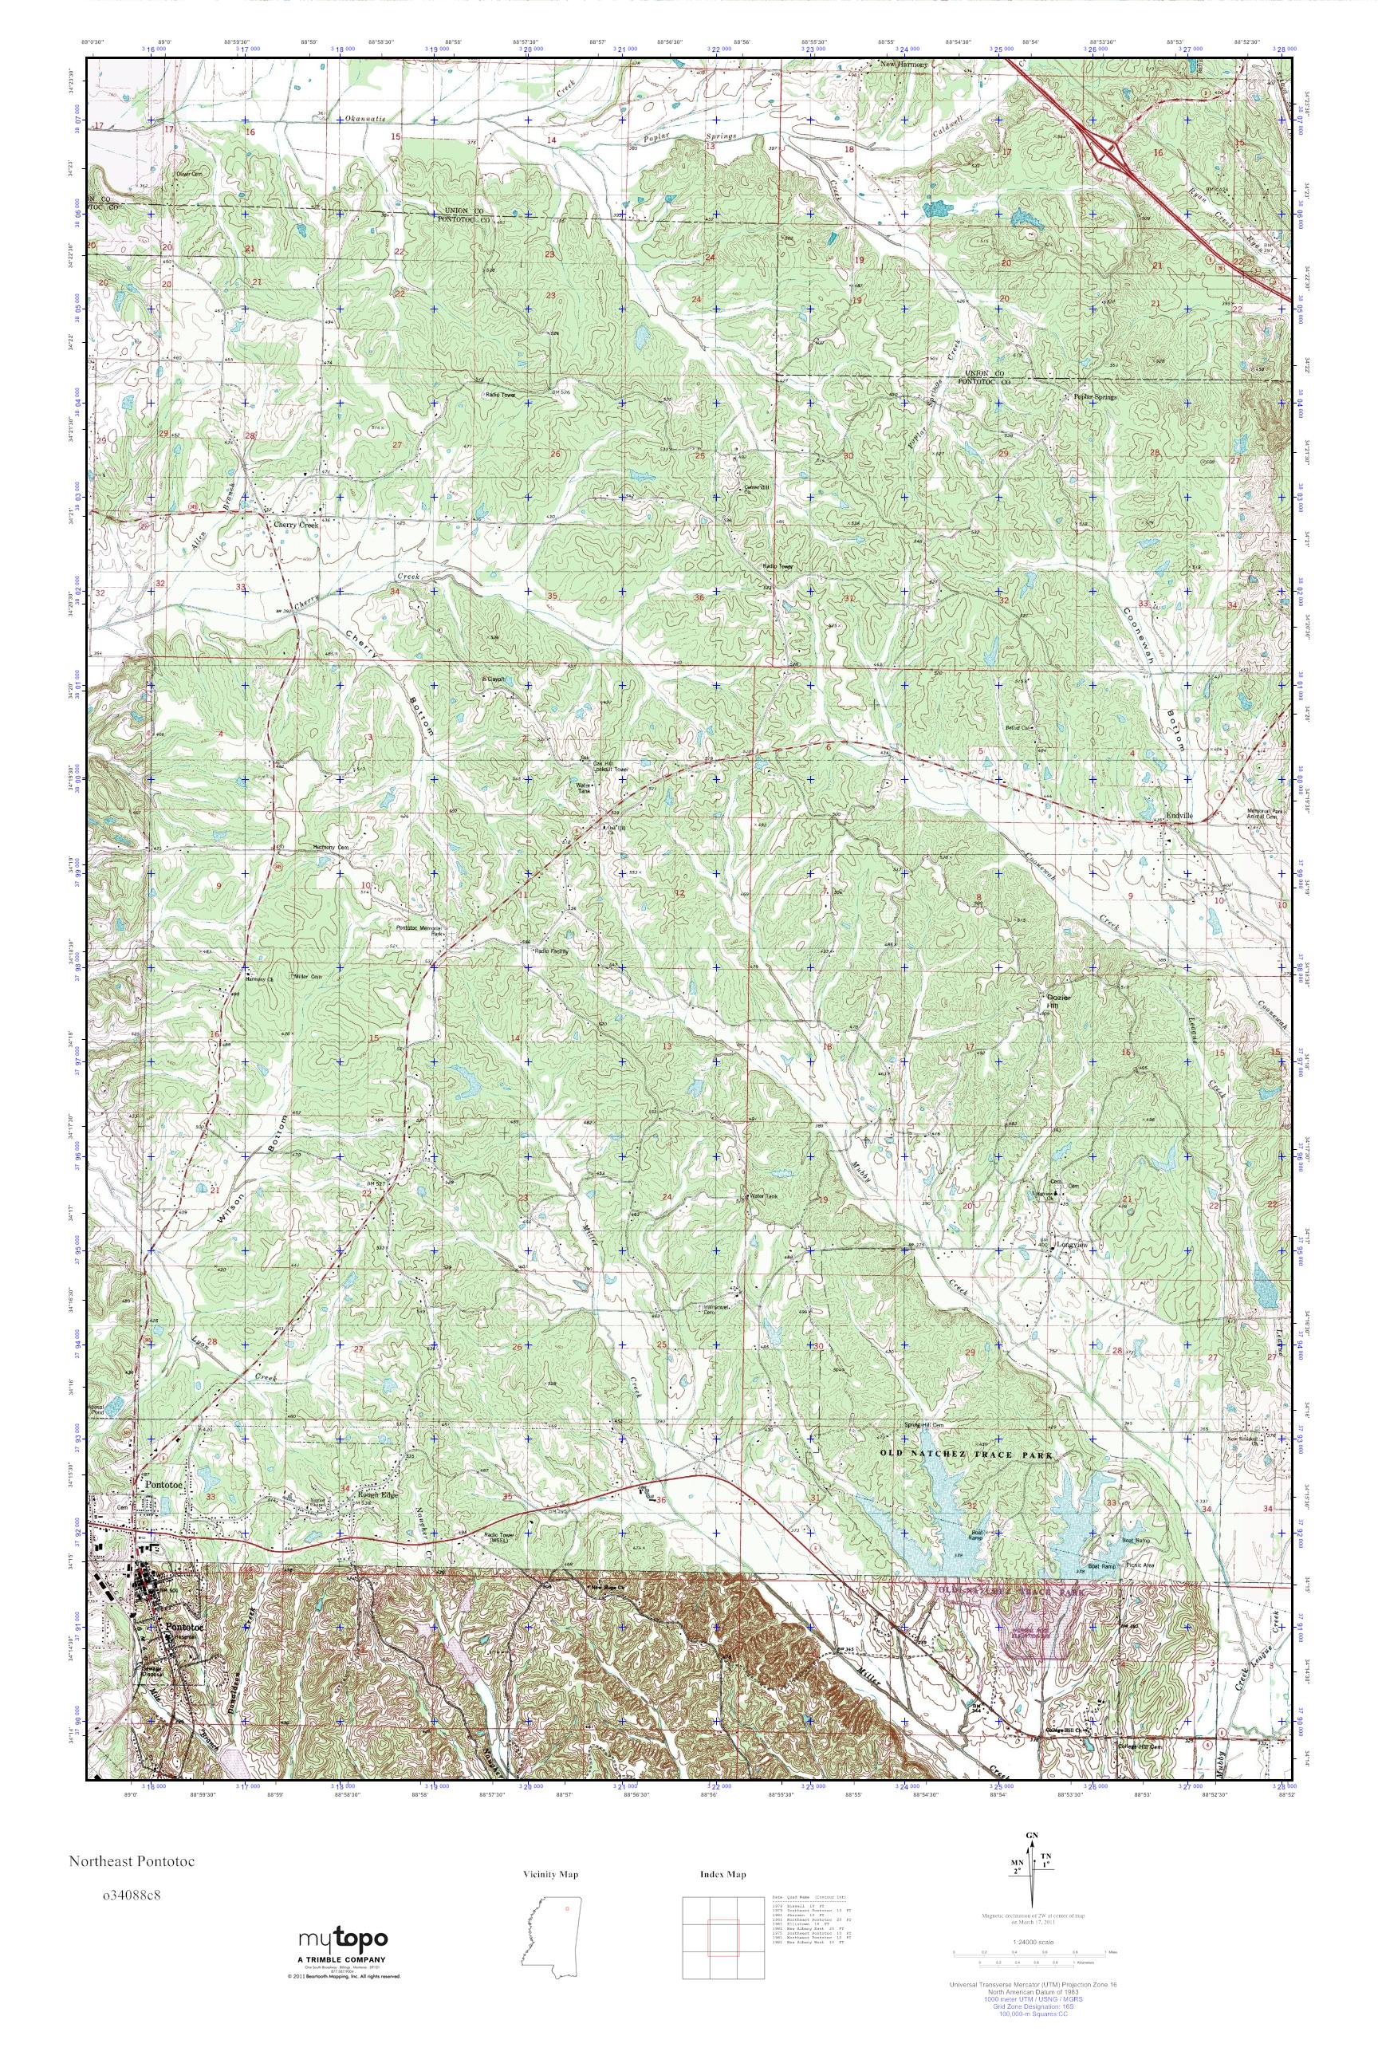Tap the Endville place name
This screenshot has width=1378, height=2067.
click(1179, 817)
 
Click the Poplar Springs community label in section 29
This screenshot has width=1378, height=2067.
click(1093, 396)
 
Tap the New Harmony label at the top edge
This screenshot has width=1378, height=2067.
click(904, 65)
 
